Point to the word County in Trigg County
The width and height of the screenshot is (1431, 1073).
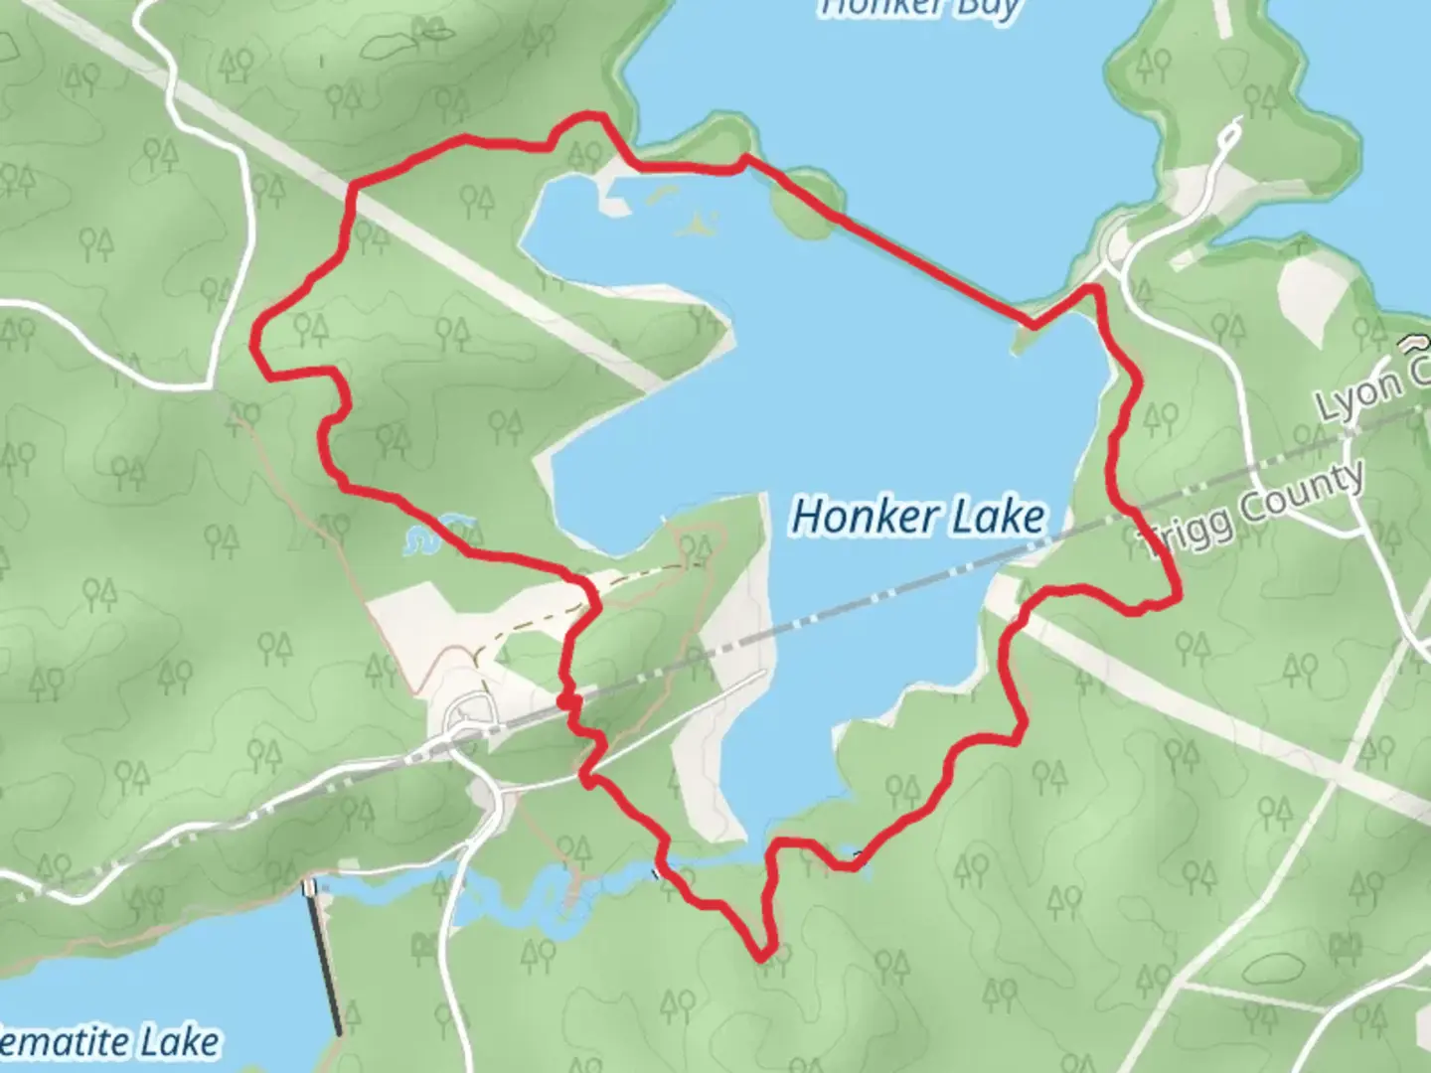1302,492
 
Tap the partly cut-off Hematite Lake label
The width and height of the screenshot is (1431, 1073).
109,1042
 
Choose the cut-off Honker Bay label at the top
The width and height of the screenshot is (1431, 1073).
919,8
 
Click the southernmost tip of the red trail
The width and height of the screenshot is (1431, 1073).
762,958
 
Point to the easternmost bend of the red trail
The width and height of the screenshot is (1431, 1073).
1178,598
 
